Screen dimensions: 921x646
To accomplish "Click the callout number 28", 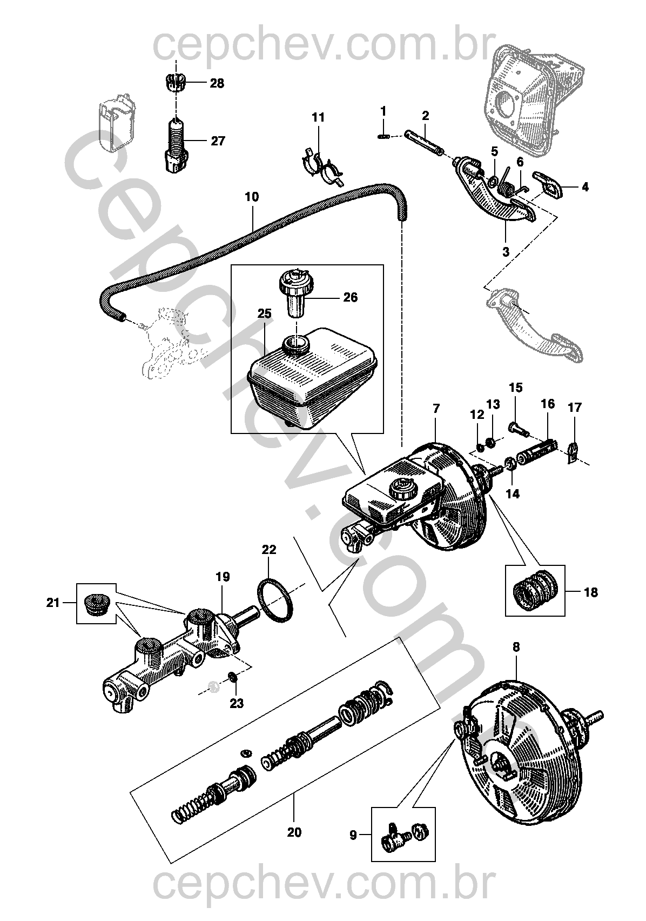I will pos(217,83).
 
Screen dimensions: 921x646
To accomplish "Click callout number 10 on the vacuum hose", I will pos(252,197).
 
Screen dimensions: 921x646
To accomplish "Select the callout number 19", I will pos(223,577).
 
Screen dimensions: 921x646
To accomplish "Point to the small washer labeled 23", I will pos(233,678).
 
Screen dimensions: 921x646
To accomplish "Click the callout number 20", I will pos(294,832).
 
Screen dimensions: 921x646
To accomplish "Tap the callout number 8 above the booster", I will pos(516,646).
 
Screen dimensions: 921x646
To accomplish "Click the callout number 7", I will pos(436,409).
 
